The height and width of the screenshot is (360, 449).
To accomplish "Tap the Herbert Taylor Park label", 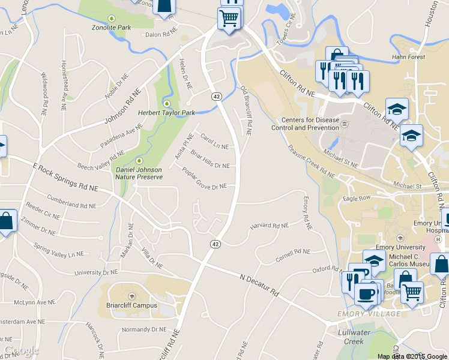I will coord(167,112).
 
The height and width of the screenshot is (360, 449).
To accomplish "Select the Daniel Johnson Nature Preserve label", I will coord(139,173).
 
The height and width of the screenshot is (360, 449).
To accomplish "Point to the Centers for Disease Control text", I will coord(305,124).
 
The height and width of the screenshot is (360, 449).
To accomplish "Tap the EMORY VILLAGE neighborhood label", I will coord(369,314).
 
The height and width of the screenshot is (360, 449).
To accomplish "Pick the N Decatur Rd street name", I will coord(259,286).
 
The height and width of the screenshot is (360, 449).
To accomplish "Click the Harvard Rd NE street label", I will coord(269,226).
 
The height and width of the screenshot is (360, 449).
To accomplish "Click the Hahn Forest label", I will coord(408,58).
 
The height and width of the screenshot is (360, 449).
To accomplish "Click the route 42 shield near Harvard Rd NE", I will coord(214,244).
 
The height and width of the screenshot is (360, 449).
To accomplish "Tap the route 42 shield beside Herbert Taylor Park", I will coord(215,96).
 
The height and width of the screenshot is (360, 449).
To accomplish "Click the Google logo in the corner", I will coord(22,351).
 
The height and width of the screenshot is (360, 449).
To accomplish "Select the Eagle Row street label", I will coord(357,197).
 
